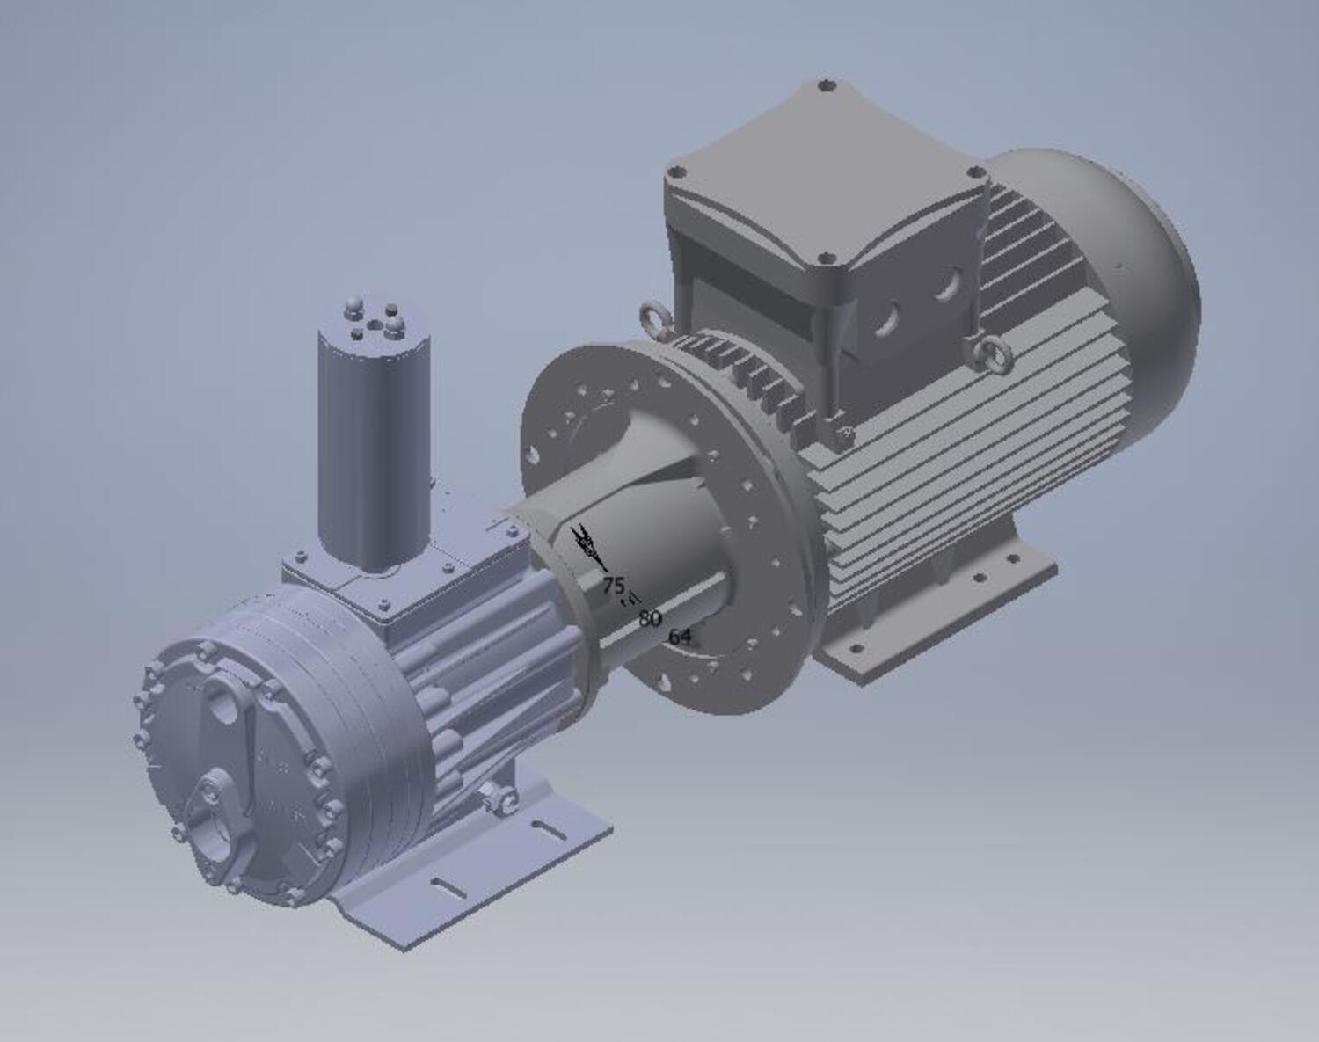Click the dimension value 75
tap(613, 586)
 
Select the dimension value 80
tap(650, 618)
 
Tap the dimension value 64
tap(680, 637)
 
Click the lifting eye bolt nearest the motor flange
tap(655, 316)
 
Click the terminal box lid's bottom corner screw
tap(824, 259)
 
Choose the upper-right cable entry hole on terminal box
tap(946, 284)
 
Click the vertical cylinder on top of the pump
tap(374, 440)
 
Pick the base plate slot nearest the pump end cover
tap(448, 887)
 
